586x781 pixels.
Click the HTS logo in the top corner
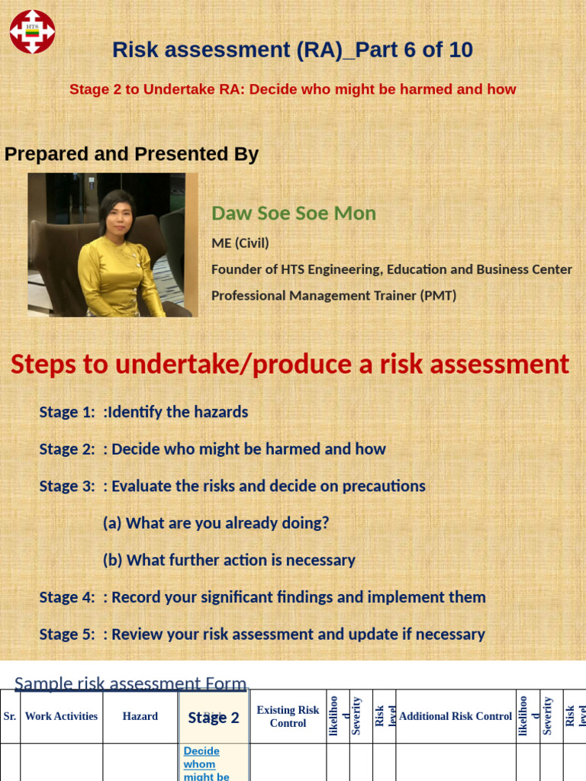pyautogui.click(x=32, y=32)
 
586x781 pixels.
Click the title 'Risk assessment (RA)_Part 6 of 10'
pyautogui.click(x=292, y=50)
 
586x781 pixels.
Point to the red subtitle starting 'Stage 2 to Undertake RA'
pyautogui.click(x=292, y=89)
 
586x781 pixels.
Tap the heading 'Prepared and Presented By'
pyautogui.click(x=131, y=154)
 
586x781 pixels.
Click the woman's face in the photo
pyautogui.click(x=119, y=216)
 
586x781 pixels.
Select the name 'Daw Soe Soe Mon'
pyautogui.click(x=293, y=214)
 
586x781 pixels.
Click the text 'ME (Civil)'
pyautogui.click(x=240, y=243)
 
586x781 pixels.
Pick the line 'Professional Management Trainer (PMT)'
pyautogui.click(x=333, y=295)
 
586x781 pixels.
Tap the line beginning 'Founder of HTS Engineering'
pyautogui.click(x=391, y=269)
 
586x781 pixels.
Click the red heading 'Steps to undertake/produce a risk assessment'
pyautogui.click(x=290, y=365)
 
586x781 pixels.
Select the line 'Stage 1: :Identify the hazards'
pyautogui.click(x=143, y=412)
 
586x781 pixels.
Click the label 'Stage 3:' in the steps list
pyautogui.click(x=67, y=486)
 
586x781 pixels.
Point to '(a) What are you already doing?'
pyautogui.click(x=216, y=523)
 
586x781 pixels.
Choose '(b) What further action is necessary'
pyautogui.click(x=229, y=560)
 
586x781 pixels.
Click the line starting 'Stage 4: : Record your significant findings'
pyautogui.click(x=262, y=597)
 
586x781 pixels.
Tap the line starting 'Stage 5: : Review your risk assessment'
pyautogui.click(x=262, y=634)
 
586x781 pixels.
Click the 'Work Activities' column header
pyautogui.click(x=61, y=716)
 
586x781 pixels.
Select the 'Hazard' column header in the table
pyautogui.click(x=140, y=716)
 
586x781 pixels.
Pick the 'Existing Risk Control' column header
pyautogui.click(x=288, y=716)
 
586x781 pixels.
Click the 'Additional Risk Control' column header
pyautogui.click(x=456, y=716)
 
